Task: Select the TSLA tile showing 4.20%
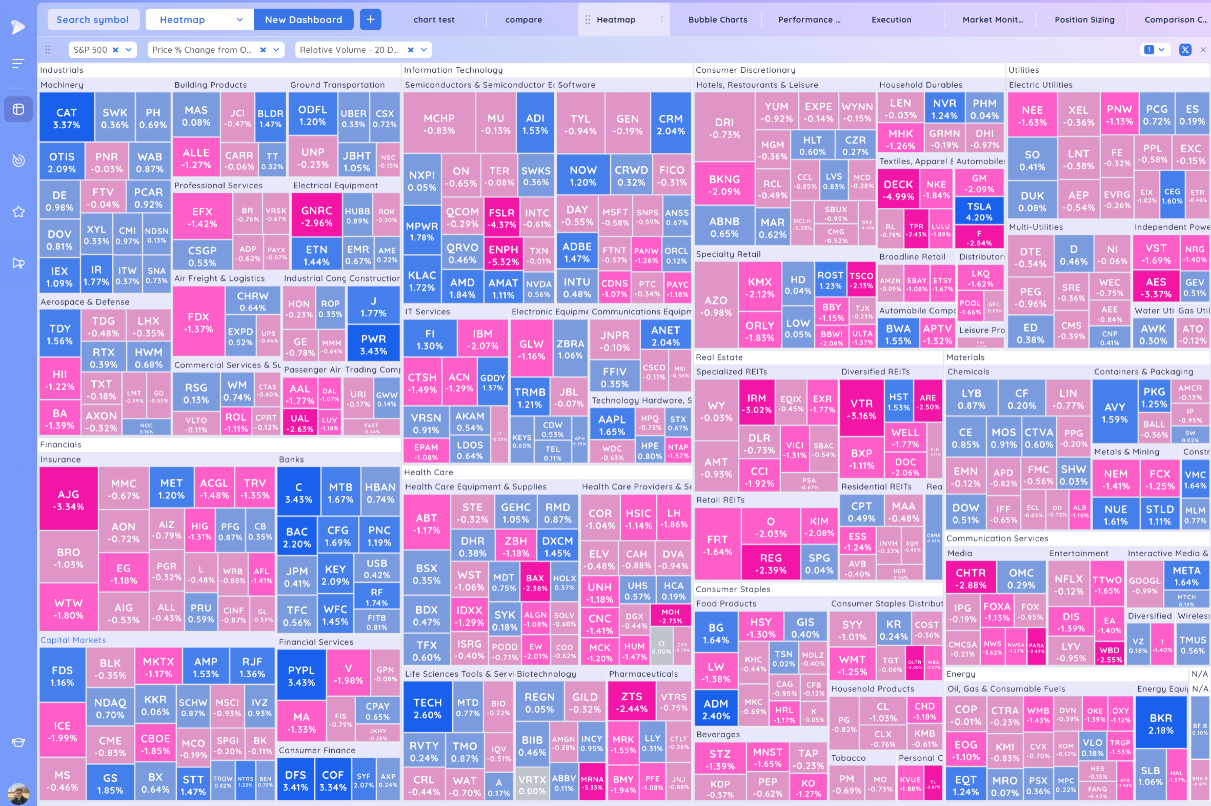(979, 211)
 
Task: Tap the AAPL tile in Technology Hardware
(612, 425)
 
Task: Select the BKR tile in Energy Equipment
(1161, 723)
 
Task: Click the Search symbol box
(93, 20)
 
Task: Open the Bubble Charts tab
(718, 20)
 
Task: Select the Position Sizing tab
(1084, 20)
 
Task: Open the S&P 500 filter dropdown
(128, 50)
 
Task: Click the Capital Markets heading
(73, 640)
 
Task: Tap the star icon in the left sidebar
(18, 212)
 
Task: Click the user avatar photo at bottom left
(18, 793)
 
